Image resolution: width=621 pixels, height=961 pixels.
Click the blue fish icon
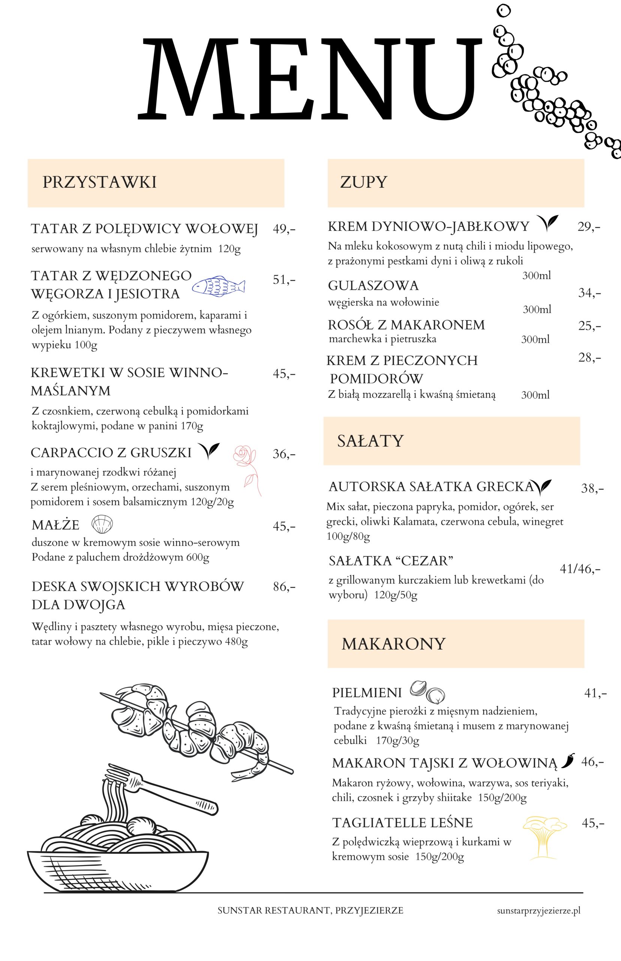pos(218,286)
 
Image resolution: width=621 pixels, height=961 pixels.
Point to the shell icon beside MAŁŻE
pos(102,524)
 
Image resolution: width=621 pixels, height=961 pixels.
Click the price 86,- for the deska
pos(284,587)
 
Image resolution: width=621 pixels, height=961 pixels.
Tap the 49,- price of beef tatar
pos(284,229)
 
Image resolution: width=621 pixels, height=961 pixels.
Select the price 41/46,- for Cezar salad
pos(580,569)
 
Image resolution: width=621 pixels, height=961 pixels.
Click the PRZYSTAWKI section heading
pos(100,182)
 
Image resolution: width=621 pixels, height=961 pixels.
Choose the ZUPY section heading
pos(363,182)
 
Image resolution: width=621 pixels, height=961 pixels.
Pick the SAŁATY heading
pos(370,441)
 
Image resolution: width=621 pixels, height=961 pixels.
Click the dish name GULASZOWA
pos(373,285)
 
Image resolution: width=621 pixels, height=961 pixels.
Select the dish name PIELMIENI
pos(366,693)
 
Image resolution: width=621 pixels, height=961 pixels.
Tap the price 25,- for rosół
pos(589,326)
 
